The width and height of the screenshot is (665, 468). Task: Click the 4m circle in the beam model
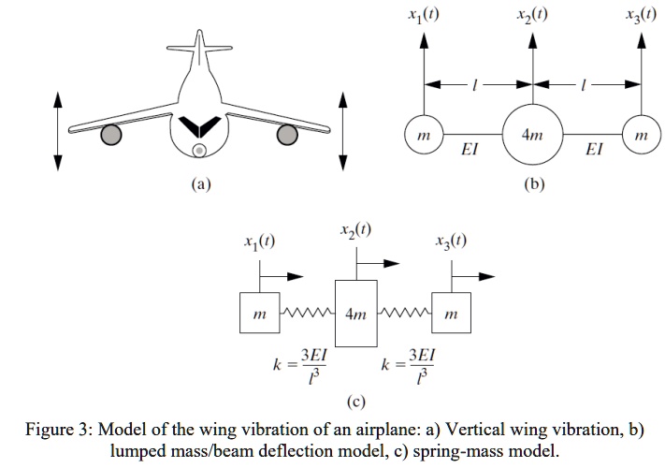pyautogui.click(x=532, y=135)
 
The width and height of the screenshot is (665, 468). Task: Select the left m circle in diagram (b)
pyautogui.click(x=423, y=135)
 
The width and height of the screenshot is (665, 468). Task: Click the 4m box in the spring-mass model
pyautogui.click(x=355, y=313)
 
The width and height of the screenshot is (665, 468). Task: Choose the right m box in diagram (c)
pyautogui.click(x=450, y=314)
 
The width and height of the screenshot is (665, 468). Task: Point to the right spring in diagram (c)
pyautogui.click(x=404, y=312)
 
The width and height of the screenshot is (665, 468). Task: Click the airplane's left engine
pyautogui.click(x=111, y=135)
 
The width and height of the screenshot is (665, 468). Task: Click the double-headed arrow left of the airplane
pyautogui.click(x=57, y=130)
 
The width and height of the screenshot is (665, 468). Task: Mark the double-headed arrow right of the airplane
pyautogui.click(x=342, y=130)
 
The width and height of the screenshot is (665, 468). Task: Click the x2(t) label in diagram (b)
pyautogui.click(x=532, y=14)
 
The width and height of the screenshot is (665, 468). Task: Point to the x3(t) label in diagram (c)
pyautogui.click(x=451, y=241)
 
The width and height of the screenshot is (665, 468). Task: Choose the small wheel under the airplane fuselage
pyautogui.click(x=199, y=150)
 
